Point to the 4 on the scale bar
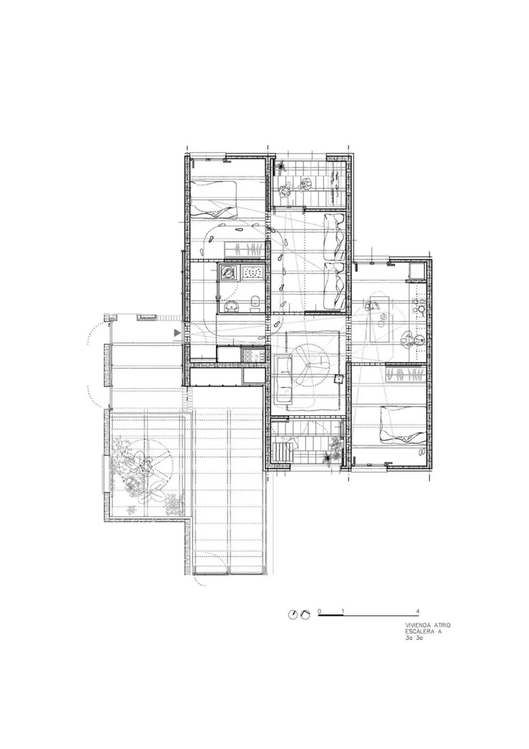tap(418, 611)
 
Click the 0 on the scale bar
tap(319, 611)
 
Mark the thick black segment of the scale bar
tap(331, 615)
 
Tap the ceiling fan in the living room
tap(308, 364)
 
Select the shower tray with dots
tap(253, 272)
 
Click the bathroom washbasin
tap(230, 306)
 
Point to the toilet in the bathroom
tap(255, 301)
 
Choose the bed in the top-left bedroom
tap(213, 200)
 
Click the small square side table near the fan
tap(339, 379)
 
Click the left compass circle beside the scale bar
tap(293, 614)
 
